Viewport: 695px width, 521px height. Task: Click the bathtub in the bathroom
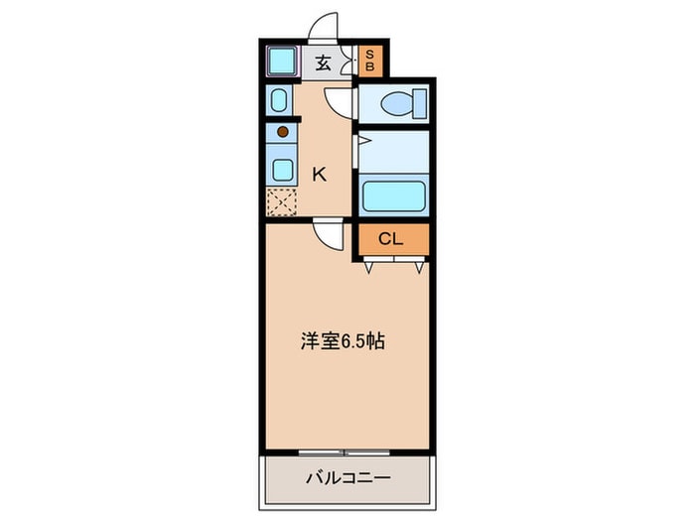tap(393, 195)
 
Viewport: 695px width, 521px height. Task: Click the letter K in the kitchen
tap(319, 175)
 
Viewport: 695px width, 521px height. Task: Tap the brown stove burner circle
tap(282, 131)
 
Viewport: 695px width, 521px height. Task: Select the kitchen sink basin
tap(282, 167)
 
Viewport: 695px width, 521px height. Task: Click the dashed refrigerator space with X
tap(281, 201)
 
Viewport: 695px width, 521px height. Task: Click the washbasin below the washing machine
tap(279, 101)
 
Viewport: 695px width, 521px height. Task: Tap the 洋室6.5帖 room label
tap(343, 341)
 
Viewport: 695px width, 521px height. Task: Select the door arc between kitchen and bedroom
tap(327, 234)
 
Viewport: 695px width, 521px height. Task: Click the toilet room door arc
tap(340, 101)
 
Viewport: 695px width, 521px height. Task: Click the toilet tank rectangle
tap(420, 101)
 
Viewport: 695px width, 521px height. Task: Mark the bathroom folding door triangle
tap(363, 141)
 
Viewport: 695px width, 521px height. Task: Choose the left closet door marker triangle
tap(370, 266)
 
